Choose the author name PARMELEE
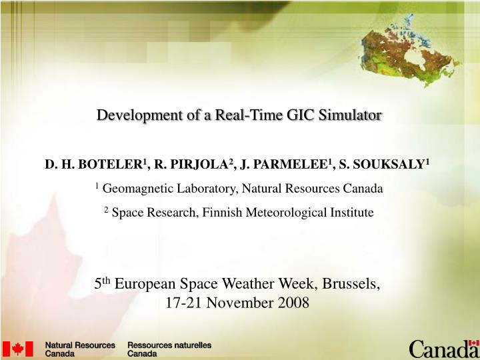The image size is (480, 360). (x=294, y=165)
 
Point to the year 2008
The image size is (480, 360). (x=293, y=303)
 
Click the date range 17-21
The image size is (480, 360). (x=183, y=303)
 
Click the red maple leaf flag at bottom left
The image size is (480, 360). (x=18, y=349)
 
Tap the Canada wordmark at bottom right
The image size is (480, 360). (x=443, y=349)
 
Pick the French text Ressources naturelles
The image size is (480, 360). (x=169, y=345)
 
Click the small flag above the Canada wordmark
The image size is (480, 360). (x=474, y=343)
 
